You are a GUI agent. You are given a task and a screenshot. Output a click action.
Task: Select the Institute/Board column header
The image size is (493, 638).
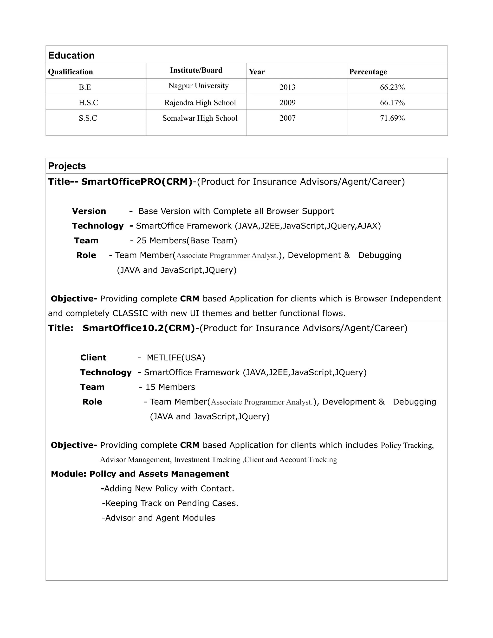196,70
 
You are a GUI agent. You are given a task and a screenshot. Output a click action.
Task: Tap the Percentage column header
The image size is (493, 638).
368,72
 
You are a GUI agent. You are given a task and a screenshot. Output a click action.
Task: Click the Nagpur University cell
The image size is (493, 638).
198,86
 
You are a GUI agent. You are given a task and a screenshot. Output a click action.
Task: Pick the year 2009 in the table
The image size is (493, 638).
287,103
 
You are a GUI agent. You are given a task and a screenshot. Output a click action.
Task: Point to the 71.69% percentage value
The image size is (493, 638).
392,118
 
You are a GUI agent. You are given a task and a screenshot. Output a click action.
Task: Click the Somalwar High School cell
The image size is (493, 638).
200,118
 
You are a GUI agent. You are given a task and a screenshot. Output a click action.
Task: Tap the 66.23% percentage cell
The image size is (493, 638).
392,87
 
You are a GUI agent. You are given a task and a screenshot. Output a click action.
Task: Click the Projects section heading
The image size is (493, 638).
67,166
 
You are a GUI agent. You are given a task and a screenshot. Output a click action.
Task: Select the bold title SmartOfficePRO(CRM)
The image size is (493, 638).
137,182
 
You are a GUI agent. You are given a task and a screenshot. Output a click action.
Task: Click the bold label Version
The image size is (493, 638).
89,211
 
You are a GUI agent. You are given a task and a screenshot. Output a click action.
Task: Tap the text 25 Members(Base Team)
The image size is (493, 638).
187,241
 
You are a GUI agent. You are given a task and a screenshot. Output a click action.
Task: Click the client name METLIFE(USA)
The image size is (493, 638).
176,358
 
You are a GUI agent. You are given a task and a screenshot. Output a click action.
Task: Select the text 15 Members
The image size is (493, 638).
170,387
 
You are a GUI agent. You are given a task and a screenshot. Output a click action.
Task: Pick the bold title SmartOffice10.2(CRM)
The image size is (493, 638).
139,328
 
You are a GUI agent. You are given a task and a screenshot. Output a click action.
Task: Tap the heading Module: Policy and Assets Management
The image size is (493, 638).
140,474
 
